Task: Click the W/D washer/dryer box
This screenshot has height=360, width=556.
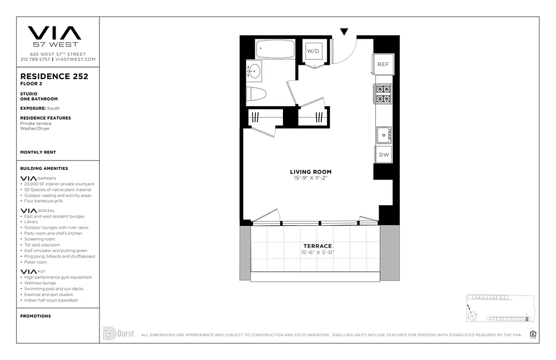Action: point(313,51)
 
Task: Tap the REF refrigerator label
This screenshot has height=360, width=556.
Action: point(383,64)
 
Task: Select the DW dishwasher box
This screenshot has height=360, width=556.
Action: point(384,154)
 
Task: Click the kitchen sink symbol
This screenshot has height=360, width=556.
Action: point(384,135)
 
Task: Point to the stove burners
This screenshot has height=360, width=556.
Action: point(384,94)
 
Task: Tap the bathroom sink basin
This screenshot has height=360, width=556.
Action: point(255,71)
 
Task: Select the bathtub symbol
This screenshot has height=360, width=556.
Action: point(275,49)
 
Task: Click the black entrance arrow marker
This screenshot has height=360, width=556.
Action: point(344,31)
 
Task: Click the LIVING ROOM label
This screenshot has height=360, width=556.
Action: point(310,172)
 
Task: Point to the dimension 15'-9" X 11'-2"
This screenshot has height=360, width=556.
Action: point(310,178)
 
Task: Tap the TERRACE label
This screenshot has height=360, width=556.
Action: point(318,246)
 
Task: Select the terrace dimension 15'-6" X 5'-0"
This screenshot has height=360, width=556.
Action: point(318,252)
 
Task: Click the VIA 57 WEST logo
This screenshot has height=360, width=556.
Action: point(54,36)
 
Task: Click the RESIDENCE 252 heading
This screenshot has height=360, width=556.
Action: point(54,76)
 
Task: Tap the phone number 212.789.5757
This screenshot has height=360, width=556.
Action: point(35,59)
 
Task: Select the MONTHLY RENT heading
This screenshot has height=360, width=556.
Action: point(38,152)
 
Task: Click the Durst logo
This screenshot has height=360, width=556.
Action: point(119,333)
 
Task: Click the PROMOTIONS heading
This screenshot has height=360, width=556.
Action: point(36,316)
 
